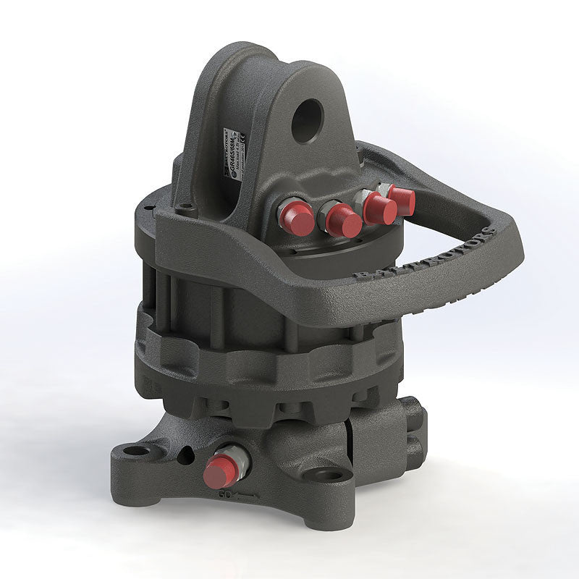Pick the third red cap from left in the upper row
pos(380,209)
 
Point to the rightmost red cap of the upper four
pos(402,201)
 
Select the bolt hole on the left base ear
pos(135,451)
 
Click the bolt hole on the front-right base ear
pos(329,476)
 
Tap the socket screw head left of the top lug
pos(187,207)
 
